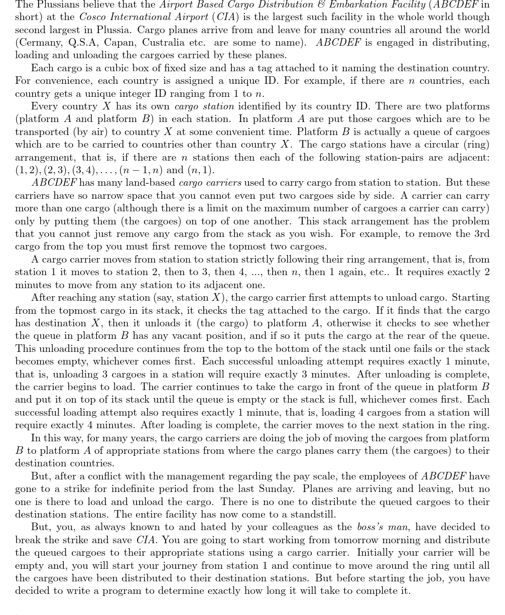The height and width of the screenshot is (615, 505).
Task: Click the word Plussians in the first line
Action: [x=54, y=5]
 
